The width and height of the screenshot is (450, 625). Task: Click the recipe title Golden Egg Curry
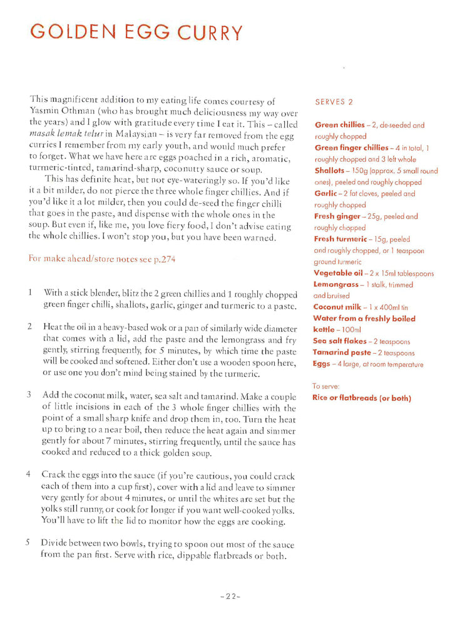point(136,32)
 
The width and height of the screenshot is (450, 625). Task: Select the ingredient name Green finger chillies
point(351,147)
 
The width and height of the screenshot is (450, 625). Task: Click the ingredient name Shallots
point(329,171)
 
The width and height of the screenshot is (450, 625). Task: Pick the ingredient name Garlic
point(325,194)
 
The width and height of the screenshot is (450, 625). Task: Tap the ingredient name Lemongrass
point(335,284)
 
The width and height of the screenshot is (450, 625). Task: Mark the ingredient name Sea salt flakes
point(340,341)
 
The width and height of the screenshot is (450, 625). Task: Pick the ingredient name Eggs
point(322,364)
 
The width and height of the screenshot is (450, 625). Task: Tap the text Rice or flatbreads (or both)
point(361,398)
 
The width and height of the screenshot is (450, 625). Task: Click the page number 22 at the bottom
point(230,596)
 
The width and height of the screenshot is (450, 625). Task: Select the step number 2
point(29,327)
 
